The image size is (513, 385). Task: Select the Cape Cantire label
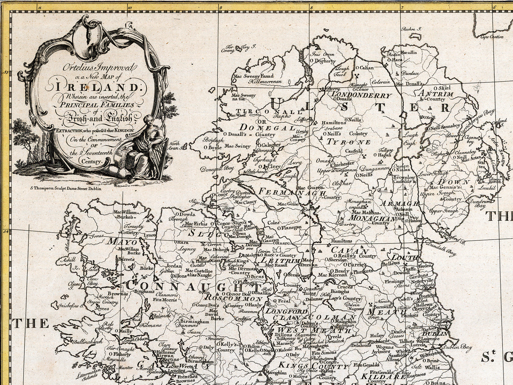click(492, 37)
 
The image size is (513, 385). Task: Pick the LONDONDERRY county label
click(361, 95)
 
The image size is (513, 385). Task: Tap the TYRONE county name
click(348, 142)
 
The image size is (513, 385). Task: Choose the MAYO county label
click(122, 242)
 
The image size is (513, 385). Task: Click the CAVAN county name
click(350, 250)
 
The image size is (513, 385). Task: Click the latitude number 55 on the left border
click(6, 72)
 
